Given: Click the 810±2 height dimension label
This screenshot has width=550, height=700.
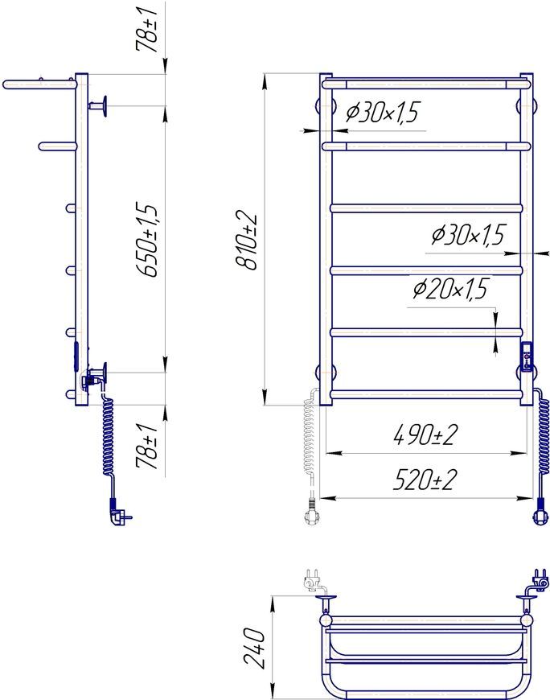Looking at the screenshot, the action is coord(247,240).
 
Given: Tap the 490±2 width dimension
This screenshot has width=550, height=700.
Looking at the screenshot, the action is coord(425,434).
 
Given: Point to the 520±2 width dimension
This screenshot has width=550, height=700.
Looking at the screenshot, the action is coord(425,479).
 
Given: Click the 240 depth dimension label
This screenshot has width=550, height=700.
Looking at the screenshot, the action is coord(256,648).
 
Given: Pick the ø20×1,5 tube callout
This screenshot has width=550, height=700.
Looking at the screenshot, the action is coord(451,289).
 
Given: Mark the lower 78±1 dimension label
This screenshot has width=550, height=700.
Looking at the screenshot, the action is coord(147,447).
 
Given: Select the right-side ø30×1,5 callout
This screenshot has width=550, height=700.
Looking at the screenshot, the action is coord(468,234).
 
